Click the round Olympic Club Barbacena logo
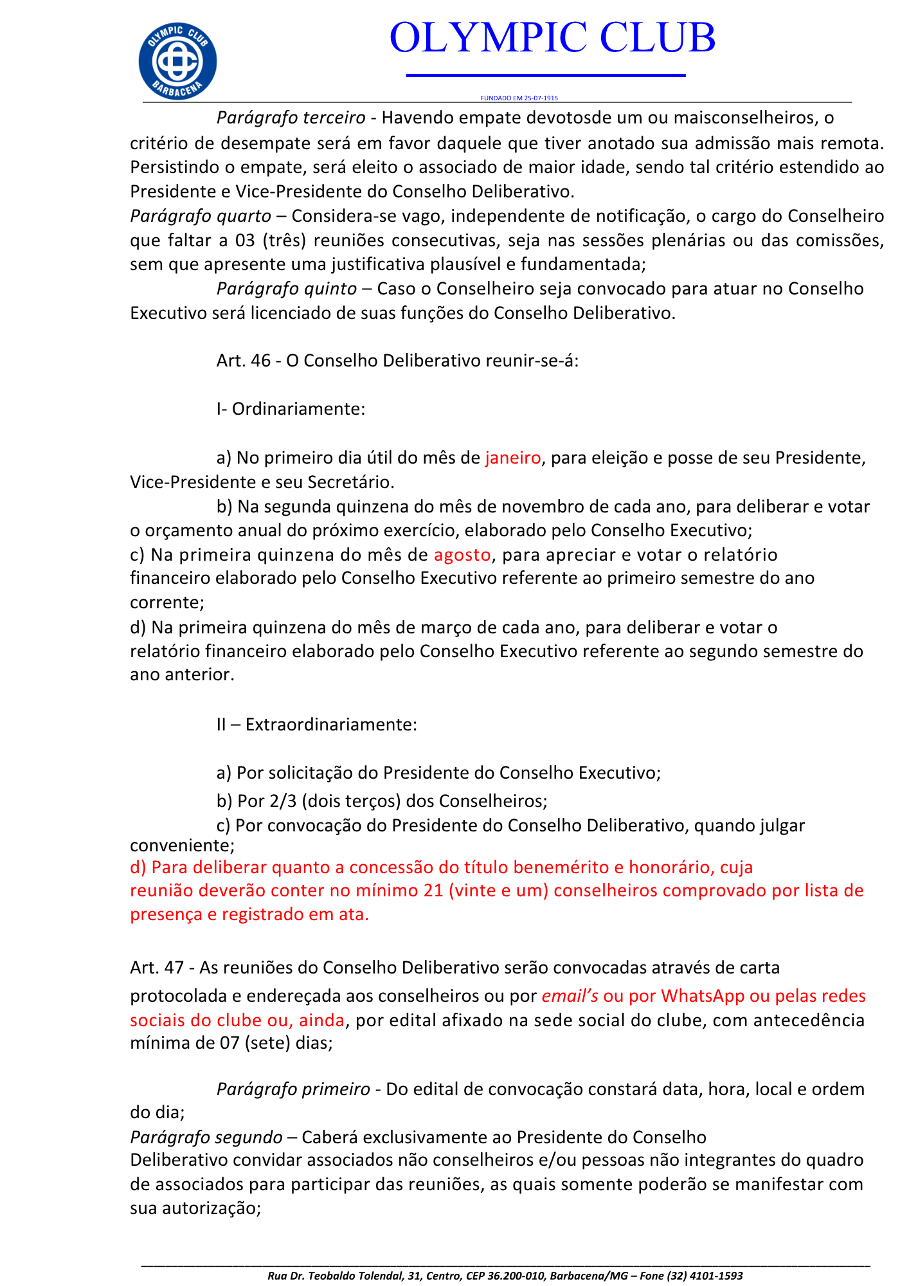click(177, 61)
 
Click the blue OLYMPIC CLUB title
click(552, 37)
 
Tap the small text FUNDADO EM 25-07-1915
click(519, 98)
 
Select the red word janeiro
click(513, 458)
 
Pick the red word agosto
click(462, 554)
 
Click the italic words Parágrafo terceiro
click(291, 118)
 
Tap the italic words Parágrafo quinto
click(286, 289)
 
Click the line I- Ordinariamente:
click(291, 409)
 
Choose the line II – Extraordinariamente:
click(317, 725)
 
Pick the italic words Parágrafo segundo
click(206, 1137)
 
